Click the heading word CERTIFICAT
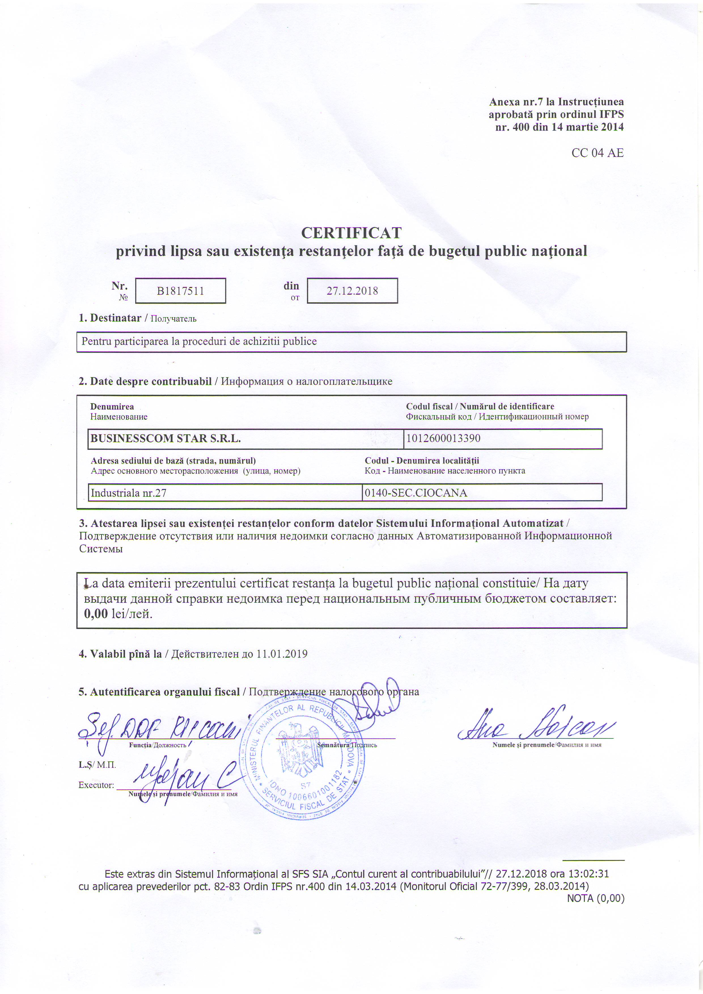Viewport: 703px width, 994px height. [351, 233]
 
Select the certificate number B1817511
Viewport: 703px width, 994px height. [180, 291]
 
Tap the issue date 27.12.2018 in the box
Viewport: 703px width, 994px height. [352, 291]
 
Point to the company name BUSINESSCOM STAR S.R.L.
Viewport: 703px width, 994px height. [166, 439]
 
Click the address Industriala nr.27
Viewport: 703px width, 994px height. [129, 493]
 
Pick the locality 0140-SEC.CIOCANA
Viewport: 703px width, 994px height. [416, 493]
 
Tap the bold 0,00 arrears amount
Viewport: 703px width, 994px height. [96, 614]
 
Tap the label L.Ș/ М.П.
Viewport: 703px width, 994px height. [97, 764]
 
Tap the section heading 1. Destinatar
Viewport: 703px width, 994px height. [110, 318]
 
